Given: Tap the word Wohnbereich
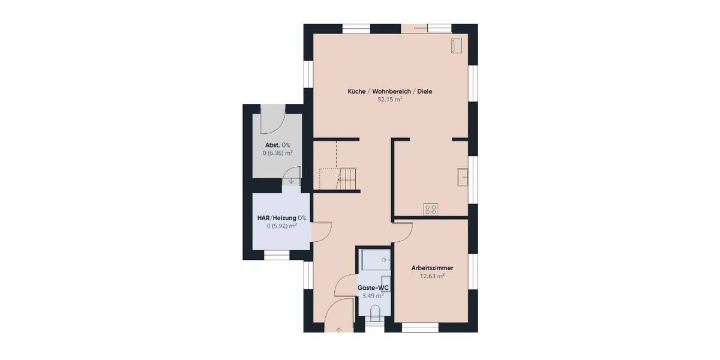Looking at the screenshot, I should click(391, 92).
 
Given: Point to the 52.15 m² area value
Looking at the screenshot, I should click(389, 100).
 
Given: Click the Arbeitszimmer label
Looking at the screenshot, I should click(432, 268).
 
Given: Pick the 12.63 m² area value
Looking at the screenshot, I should click(432, 276).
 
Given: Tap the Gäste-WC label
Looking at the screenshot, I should click(373, 288).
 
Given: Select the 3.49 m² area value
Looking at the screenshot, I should click(373, 296).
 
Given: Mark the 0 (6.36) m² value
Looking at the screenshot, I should click(277, 154).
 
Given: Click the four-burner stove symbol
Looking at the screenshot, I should click(431, 209).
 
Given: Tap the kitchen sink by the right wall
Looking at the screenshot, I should click(463, 177).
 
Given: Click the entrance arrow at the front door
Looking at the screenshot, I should click(339, 329).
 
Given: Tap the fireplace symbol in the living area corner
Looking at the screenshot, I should click(456, 45).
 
